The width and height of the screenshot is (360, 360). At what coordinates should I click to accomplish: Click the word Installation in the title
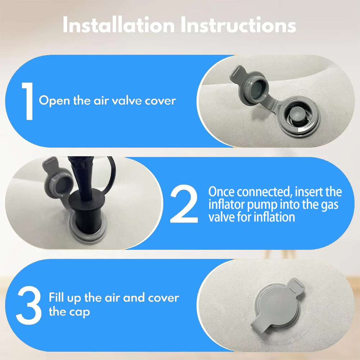[118, 25]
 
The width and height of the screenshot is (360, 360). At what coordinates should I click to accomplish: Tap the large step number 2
[184, 203]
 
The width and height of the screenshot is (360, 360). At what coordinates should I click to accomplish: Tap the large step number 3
[28, 305]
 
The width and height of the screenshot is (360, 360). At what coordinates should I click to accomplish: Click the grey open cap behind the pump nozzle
[57, 184]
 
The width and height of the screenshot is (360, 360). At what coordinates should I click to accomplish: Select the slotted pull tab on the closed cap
[296, 286]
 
